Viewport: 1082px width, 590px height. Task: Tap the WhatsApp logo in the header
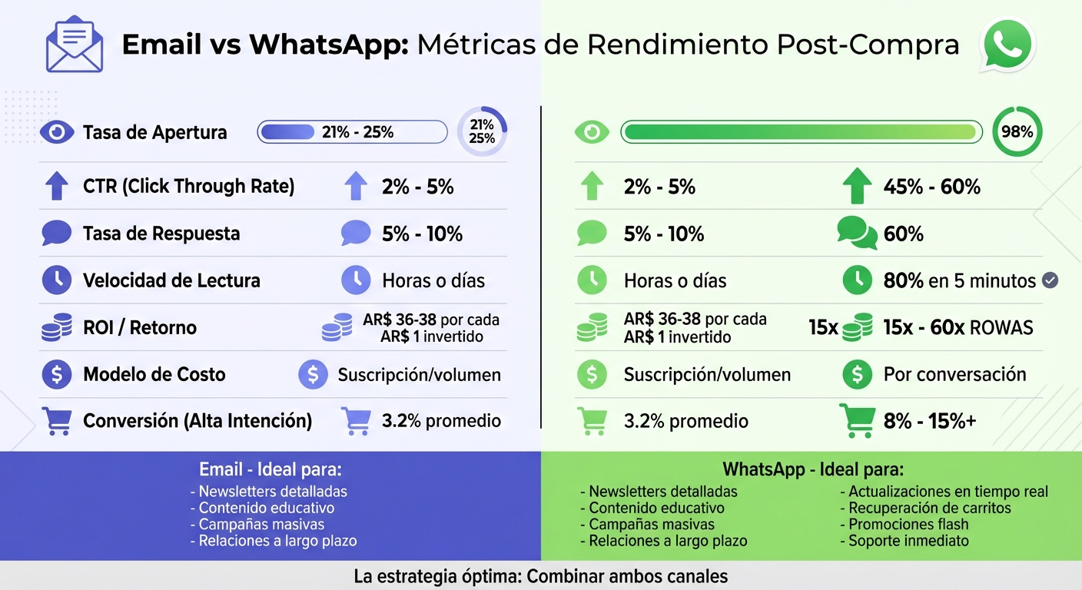(x=1007, y=45)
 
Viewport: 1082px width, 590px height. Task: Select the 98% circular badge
(x=1017, y=132)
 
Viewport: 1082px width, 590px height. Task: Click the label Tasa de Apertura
(x=154, y=132)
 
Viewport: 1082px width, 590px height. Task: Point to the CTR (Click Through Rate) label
(x=188, y=187)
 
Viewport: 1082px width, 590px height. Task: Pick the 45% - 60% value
(x=931, y=187)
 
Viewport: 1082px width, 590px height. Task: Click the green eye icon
(x=592, y=132)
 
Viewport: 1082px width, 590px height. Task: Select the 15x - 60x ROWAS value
(x=958, y=328)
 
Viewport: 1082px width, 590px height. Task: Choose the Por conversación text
(x=954, y=375)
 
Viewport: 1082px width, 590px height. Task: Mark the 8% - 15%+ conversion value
(x=929, y=421)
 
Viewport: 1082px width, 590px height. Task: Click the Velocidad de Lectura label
(x=171, y=281)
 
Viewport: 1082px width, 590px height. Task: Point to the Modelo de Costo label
(x=154, y=375)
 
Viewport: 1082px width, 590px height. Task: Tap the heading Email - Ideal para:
(x=270, y=469)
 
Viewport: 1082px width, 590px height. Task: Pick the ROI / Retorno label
(x=139, y=328)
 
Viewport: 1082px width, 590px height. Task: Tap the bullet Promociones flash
(x=908, y=525)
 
